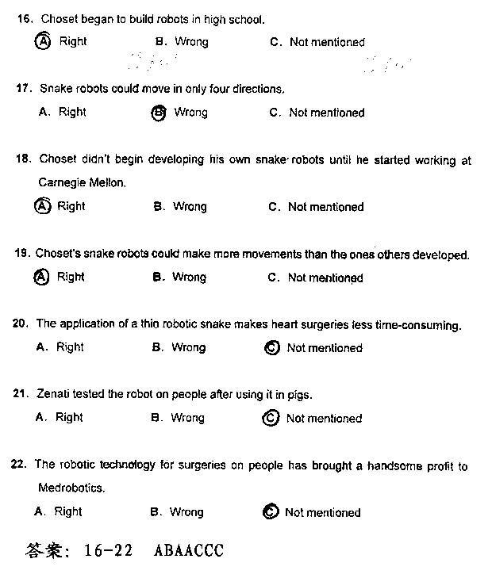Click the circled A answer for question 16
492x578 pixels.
click(x=44, y=41)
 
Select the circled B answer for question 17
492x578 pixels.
click(x=158, y=113)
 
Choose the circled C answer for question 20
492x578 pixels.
click(x=272, y=348)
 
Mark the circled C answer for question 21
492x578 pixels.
click(x=271, y=418)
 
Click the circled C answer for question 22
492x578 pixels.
click(x=270, y=512)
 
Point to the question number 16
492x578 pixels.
click(x=24, y=18)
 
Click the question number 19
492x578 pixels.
click(x=22, y=254)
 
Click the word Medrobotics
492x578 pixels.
click(x=71, y=488)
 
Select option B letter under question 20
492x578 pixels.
click(x=156, y=347)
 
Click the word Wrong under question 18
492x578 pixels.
click(x=190, y=207)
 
